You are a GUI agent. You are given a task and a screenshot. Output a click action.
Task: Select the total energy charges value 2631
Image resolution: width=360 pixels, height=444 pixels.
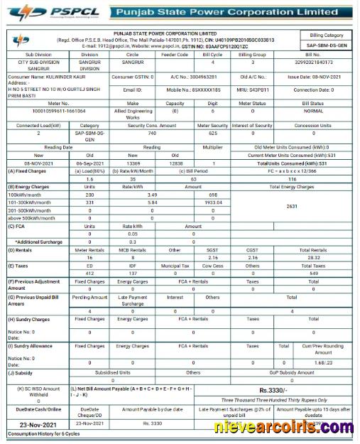(292, 206)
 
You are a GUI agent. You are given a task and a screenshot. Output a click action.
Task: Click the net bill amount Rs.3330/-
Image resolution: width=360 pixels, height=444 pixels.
(273, 390)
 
